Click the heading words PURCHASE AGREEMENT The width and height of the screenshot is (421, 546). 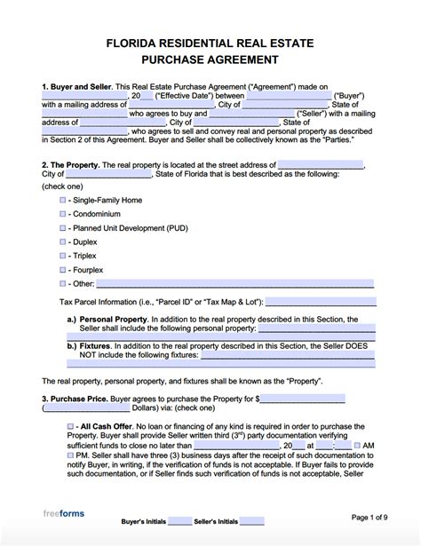point(210,59)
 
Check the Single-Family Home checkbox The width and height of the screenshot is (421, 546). point(62,201)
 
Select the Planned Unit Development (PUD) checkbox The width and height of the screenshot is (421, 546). point(62,228)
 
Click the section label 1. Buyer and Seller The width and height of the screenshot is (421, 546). point(75,87)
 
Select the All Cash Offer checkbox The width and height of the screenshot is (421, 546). point(71,427)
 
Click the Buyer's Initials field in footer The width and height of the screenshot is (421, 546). point(179,521)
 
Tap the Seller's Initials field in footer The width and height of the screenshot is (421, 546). point(251,521)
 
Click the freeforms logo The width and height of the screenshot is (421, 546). point(63,514)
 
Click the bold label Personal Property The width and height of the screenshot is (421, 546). point(112,319)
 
